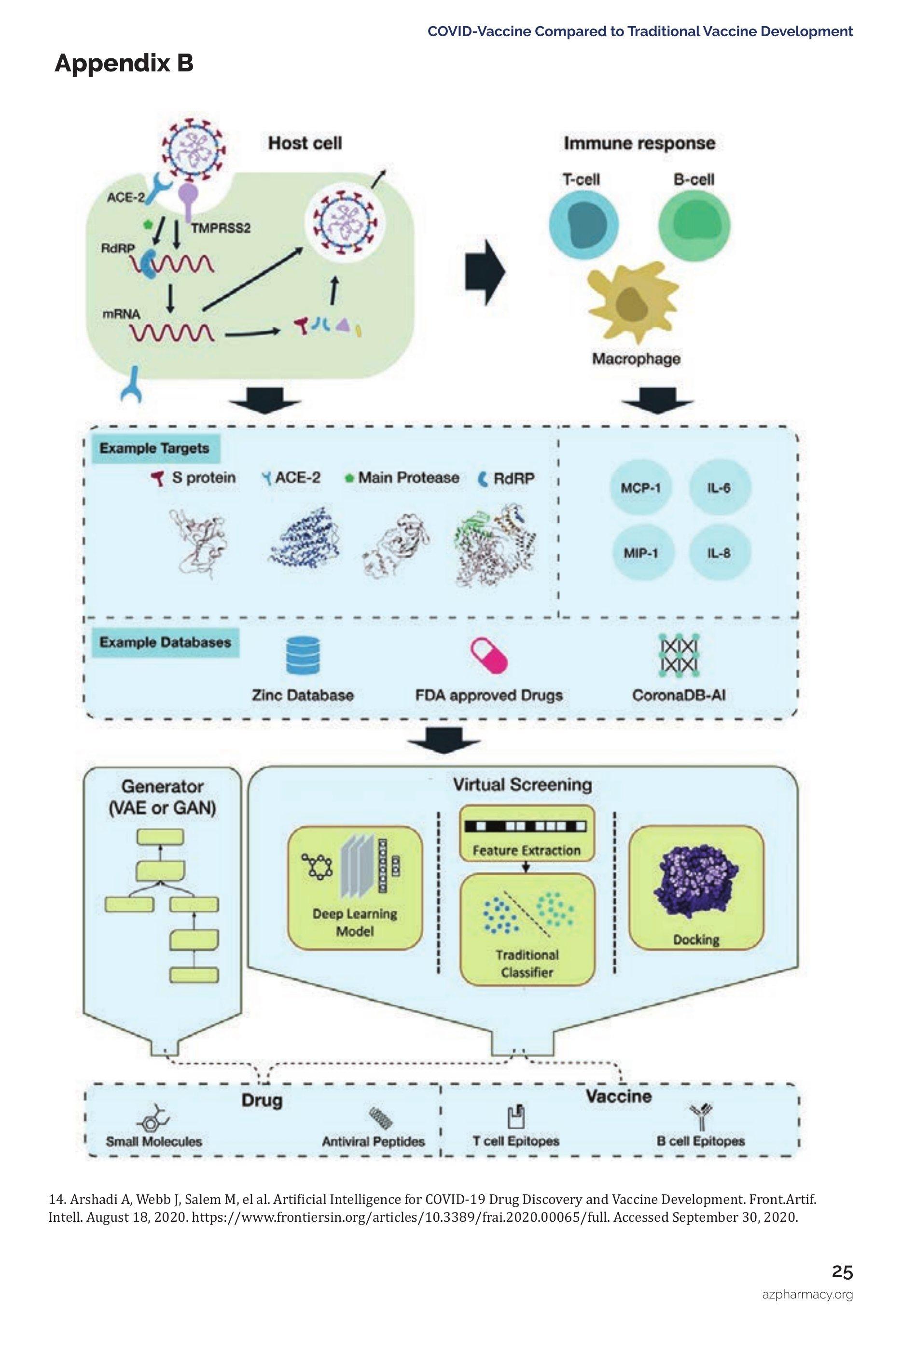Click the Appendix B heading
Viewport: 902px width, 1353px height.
(124, 63)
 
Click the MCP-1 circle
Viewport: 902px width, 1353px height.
(640, 488)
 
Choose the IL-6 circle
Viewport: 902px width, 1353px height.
(719, 488)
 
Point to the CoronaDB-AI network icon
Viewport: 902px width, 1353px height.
(679, 656)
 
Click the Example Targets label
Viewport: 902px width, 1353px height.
(154, 449)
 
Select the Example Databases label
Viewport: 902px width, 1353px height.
(165, 642)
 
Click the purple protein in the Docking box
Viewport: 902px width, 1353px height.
(695, 885)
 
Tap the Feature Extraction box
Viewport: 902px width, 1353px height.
(527, 833)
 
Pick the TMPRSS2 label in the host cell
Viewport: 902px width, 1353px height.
(221, 228)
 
